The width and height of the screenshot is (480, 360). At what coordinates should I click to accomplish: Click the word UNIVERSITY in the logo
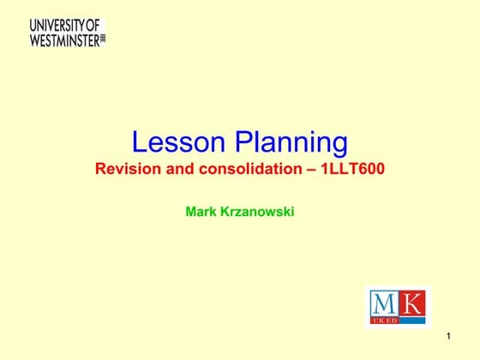point(57,25)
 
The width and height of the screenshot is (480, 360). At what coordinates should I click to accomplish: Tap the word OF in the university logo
point(93,25)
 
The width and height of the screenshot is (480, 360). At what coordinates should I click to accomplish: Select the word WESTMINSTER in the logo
point(64,39)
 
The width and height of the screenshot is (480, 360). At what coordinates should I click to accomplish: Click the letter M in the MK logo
point(384,303)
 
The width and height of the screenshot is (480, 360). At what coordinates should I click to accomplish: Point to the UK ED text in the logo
point(384,320)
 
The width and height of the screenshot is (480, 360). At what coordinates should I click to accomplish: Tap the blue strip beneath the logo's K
point(411,320)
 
